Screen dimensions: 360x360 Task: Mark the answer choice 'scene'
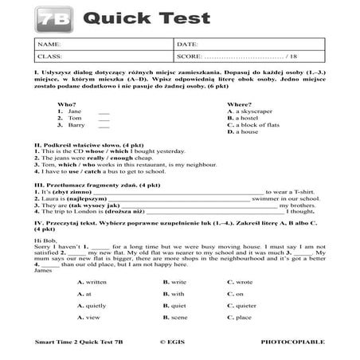click(x=179, y=317)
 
